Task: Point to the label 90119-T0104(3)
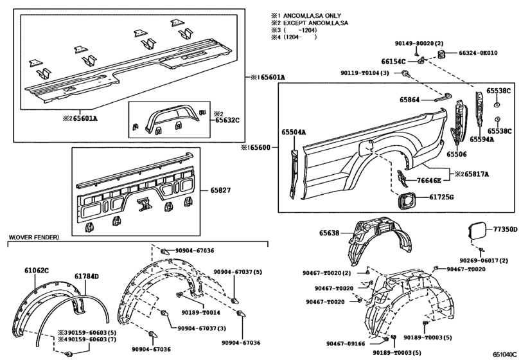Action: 365,74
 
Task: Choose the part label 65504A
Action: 293,132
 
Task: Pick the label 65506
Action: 458,155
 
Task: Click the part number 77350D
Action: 504,229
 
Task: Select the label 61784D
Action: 86,276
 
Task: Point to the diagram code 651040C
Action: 506,354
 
